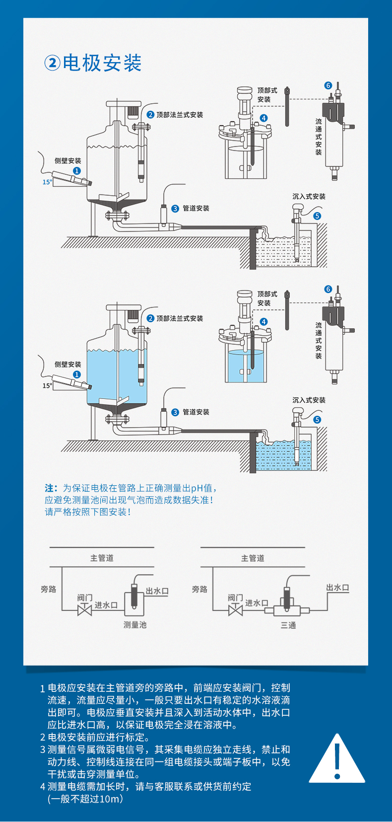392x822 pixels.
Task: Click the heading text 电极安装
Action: [102, 63]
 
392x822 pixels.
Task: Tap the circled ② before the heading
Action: [52, 63]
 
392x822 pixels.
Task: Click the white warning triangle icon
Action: [337, 758]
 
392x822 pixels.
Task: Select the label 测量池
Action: [135, 625]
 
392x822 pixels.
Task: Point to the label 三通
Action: [288, 625]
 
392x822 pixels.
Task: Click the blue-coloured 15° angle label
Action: [47, 182]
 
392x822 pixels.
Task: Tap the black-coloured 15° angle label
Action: [47, 386]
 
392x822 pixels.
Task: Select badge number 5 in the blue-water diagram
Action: [317, 420]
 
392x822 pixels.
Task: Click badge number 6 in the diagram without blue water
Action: [328, 85]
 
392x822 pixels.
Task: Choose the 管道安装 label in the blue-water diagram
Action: [196, 412]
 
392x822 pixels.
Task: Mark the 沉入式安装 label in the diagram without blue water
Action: [309, 196]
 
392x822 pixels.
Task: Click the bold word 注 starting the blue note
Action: [50, 488]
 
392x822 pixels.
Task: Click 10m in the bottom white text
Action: [109, 799]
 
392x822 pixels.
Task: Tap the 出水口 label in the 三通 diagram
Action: [338, 588]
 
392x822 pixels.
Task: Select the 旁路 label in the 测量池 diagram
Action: [49, 590]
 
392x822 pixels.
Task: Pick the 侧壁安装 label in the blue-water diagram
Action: [68, 365]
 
